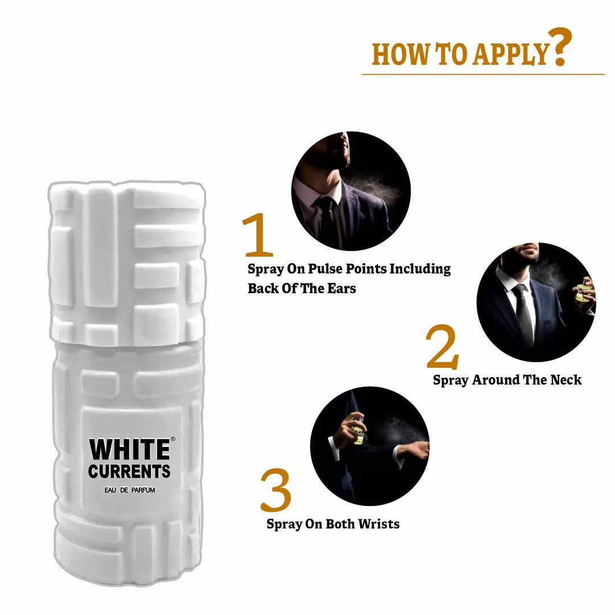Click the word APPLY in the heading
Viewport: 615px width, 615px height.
[x=510, y=54]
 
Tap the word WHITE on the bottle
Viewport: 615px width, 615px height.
[x=129, y=449]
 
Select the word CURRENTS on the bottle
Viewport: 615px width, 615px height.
[x=129, y=471]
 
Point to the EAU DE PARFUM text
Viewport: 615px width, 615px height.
[x=130, y=490]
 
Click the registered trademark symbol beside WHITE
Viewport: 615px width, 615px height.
[x=173, y=439]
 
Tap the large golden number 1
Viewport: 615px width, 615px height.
[x=257, y=234]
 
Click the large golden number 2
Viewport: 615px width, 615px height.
[x=442, y=347]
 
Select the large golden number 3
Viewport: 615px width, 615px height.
[x=276, y=490]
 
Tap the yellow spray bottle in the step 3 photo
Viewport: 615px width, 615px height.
[x=358, y=433]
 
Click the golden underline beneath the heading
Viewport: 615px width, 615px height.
[x=483, y=73]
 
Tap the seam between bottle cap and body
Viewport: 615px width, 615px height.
[x=128, y=343]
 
